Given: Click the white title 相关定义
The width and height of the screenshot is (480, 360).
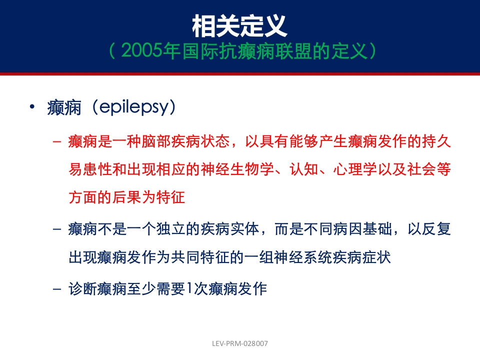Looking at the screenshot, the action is pyautogui.click(x=239, y=26).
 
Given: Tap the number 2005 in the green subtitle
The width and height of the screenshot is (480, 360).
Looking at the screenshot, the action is pyautogui.click(x=141, y=51).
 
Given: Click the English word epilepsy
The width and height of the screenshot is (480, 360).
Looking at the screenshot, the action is pyautogui.click(x=134, y=107).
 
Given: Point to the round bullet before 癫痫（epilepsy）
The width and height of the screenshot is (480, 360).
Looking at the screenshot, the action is pyautogui.click(x=32, y=107).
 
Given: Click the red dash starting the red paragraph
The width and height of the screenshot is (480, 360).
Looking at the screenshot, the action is pyautogui.click(x=57, y=141).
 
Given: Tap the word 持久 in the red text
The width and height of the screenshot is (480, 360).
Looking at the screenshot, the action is pyautogui.click(x=436, y=141).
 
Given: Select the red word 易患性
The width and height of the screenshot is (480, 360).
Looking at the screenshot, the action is pyautogui.click(x=90, y=169).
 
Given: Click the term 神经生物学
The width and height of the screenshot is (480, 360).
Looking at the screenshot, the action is pyautogui.click(x=237, y=169).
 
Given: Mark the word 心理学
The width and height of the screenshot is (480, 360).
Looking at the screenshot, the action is pyautogui.click(x=355, y=169).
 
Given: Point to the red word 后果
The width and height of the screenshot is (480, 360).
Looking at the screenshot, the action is pyautogui.click(x=127, y=197).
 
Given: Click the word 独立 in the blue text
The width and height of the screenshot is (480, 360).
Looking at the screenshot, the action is pyautogui.click(x=171, y=229).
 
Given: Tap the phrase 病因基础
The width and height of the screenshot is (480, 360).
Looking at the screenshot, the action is pyautogui.click(x=363, y=229).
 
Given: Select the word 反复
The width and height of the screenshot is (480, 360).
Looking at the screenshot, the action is pyautogui.click(x=436, y=229).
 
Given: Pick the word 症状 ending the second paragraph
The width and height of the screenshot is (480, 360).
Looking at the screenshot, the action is pyautogui.click(x=376, y=257).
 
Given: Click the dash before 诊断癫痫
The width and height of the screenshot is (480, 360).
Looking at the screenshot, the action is pyautogui.click(x=57, y=289).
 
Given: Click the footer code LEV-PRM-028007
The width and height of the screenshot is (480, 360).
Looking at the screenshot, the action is pyautogui.click(x=240, y=343).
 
